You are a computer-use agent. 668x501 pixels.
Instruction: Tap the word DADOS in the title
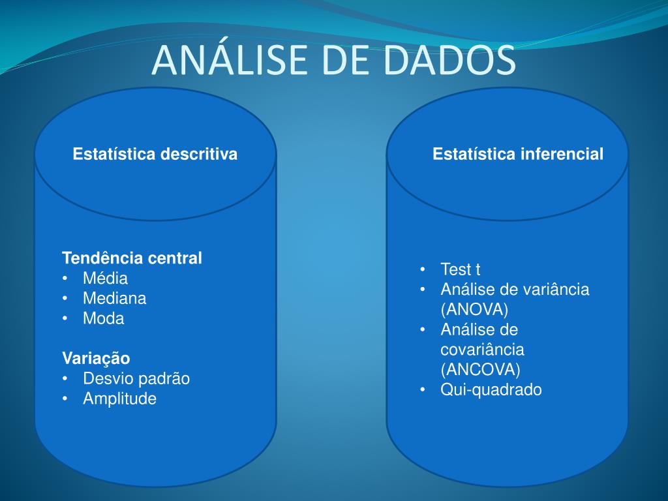point(449,59)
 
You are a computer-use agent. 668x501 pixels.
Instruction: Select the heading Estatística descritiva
point(155,154)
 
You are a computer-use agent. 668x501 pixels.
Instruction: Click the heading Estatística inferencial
point(517,154)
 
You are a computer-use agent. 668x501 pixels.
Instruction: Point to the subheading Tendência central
point(132,258)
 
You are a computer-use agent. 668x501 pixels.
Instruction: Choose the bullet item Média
point(105,278)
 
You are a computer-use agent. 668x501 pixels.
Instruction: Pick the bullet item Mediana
point(115,298)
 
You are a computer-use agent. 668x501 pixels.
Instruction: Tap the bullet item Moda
point(104,318)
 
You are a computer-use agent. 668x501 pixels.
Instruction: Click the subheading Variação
point(96,358)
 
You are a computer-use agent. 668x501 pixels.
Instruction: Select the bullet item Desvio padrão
point(136,378)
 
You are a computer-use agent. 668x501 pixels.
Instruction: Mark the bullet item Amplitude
point(120,399)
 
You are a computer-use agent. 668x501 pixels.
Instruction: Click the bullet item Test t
point(460,269)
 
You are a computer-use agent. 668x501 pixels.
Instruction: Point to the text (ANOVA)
point(475,309)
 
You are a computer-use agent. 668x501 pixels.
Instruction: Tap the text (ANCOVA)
point(481,369)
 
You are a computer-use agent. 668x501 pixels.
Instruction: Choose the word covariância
point(482,350)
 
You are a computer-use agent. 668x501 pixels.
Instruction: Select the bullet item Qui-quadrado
point(491,389)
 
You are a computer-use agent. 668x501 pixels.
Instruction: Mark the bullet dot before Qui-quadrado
point(423,390)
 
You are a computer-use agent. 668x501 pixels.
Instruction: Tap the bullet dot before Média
point(65,279)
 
